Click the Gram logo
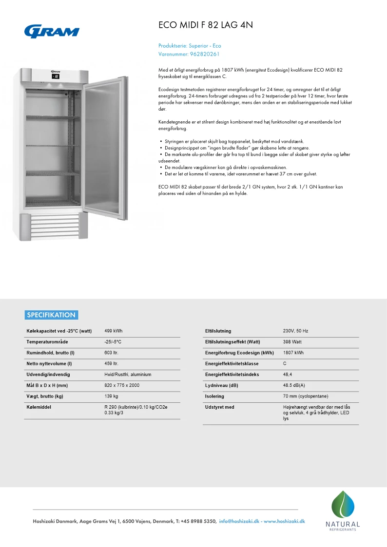pos(52,31)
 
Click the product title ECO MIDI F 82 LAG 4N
pos(206,25)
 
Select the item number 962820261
pos(205,54)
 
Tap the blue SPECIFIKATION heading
pos(51,315)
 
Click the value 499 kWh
pos(114,331)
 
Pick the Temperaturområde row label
pos(47,342)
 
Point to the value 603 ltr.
pos(112,353)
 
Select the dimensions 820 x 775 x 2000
pos(122,385)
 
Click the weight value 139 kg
pos(112,396)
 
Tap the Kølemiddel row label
pos(39,407)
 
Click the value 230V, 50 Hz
pos(295,331)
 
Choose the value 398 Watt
pos(292,342)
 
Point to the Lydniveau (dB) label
pos(221,385)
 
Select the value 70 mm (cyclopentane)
pos(306,396)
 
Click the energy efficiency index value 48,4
pos(288,375)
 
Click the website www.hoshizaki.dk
pos(284,521)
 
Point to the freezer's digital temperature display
pos(56,76)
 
